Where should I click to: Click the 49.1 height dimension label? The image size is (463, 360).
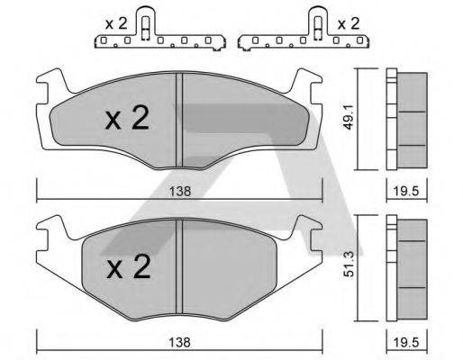[x=349, y=117]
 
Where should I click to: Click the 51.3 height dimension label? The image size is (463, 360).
[x=350, y=265]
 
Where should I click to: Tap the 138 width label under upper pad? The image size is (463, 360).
[x=180, y=192]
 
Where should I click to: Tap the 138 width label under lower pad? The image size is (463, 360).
[x=180, y=342]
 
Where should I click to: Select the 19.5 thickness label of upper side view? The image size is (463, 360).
[x=406, y=191]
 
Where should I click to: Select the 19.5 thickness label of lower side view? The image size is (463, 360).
[x=406, y=342]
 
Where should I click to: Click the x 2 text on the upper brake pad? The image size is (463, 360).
[x=127, y=118]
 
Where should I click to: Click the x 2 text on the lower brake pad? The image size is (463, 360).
[x=129, y=266]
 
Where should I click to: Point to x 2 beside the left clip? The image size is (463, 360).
[x=116, y=23]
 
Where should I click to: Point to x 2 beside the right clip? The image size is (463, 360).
[x=349, y=23]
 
